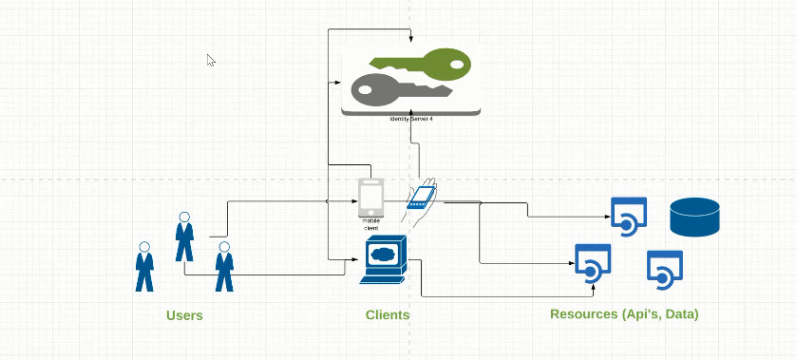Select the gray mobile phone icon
370,198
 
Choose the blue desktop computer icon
384,259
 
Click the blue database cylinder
694,217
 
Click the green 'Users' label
184,315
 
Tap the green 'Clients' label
388,314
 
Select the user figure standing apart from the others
144,266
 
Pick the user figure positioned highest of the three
185,237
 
